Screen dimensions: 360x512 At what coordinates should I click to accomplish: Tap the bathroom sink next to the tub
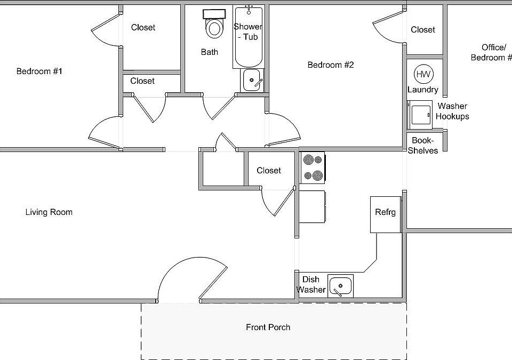[x=252, y=81]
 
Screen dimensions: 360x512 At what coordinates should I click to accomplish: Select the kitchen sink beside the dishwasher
[x=340, y=286]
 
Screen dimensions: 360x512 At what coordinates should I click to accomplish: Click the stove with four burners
[x=313, y=167]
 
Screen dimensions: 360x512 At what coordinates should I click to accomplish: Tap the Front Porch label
[x=268, y=327]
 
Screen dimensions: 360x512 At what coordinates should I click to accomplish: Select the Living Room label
[x=49, y=212]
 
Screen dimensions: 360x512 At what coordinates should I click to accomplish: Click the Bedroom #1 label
[x=39, y=71]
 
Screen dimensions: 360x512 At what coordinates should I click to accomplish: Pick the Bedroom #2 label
[x=331, y=65]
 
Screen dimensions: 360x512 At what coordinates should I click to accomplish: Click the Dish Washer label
[x=311, y=284]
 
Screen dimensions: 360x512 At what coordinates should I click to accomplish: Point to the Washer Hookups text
[x=452, y=111]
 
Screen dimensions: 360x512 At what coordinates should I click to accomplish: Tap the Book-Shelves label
[x=423, y=146]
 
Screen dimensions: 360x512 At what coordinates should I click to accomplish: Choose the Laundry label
[x=423, y=90]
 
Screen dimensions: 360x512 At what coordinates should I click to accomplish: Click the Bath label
[x=210, y=52]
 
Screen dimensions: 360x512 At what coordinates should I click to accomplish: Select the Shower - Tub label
[x=248, y=31]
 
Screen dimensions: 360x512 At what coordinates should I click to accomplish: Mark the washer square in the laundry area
[x=420, y=114]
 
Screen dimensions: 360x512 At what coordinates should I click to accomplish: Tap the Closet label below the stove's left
[x=269, y=170]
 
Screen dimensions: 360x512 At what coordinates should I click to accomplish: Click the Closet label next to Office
[x=423, y=30]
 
